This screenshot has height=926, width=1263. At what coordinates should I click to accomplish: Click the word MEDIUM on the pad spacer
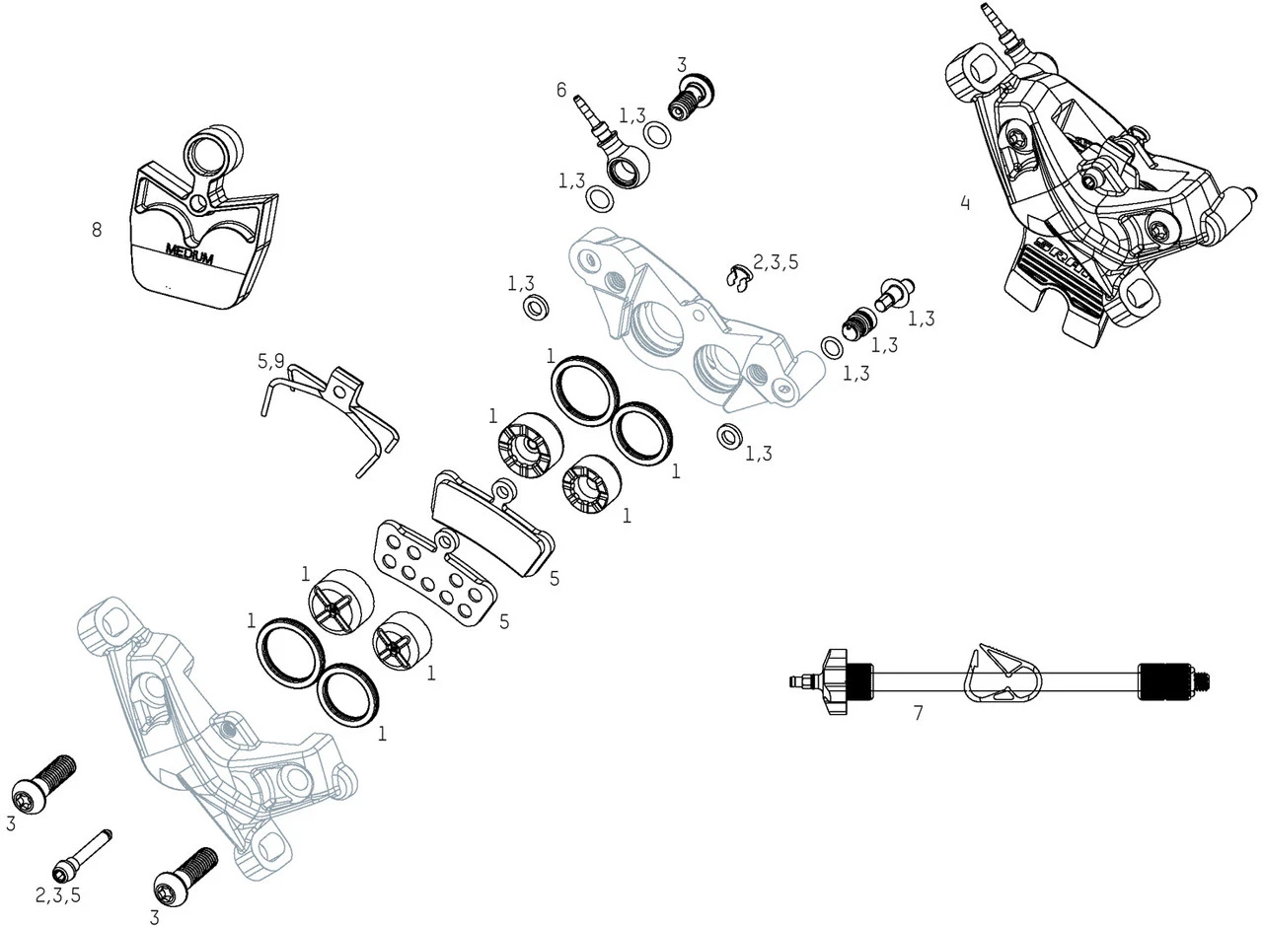[x=189, y=253]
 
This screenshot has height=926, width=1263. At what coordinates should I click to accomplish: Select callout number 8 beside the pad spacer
[x=96, y=230]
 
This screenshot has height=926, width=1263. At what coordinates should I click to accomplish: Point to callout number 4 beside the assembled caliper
[x=964, y=203]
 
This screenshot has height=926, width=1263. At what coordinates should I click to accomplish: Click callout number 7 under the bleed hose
[x=918, y=713]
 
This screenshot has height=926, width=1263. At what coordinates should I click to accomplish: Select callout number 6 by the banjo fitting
[x=561, y=91]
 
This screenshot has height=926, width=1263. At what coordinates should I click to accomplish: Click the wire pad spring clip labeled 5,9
[x=331, y=414]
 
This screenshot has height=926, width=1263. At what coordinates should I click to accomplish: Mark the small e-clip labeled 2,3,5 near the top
[x=736, y=278]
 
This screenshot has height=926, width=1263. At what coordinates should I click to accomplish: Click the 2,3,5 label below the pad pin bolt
[x=58, y=895]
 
